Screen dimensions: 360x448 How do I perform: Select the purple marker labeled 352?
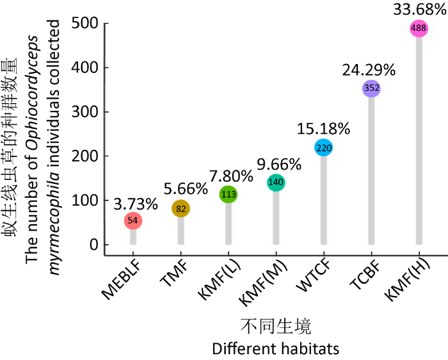click(371, 88)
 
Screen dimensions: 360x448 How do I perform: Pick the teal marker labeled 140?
click(276, 183)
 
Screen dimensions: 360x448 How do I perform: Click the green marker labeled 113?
click(228, 194)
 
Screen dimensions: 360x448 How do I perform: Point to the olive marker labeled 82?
click(180, 208)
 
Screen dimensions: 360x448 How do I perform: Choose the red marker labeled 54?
click(133, 220)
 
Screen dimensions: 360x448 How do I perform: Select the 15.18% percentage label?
click(323, 128)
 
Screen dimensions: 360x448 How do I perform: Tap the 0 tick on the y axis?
click(95, 245)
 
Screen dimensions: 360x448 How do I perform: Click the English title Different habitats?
click(276, 348)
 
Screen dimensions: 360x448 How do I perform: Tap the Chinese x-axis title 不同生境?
click(276, 327)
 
